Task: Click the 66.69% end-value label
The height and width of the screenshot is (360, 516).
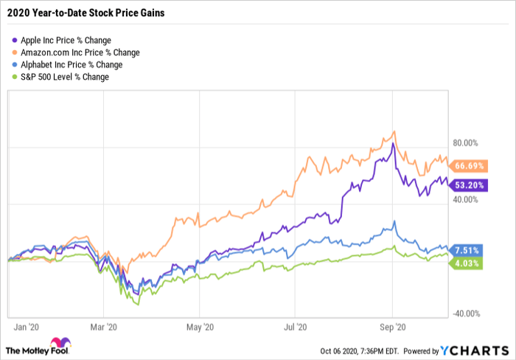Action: point(469,165)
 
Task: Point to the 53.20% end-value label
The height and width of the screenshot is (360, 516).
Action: point(469,184)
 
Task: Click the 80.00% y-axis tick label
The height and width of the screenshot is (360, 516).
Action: point(467,144)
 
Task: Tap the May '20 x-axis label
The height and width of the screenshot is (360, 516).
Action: point(199,325)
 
